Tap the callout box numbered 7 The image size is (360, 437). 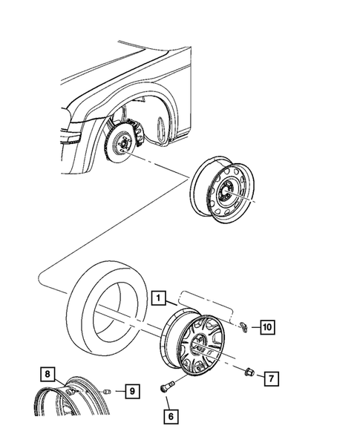point(271,379)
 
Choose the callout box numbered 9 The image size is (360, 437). point(131,390)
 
